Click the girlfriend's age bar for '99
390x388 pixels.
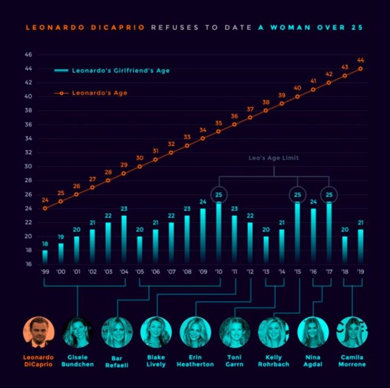tap(45, 257)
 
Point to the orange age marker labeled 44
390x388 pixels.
tap(361, 68)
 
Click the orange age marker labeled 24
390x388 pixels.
tap(45, 208)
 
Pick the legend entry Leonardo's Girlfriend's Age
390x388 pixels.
tap(112, 71)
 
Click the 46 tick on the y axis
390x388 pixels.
tap(28, 55)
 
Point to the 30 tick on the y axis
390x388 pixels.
tap(28, 167)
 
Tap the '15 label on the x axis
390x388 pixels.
tap(297, 272)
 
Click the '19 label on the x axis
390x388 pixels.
tap(361, 272)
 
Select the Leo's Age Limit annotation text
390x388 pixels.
tap(274, 158)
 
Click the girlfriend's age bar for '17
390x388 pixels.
tap(329, 234)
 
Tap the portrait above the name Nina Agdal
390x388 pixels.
tap(313, 332)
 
